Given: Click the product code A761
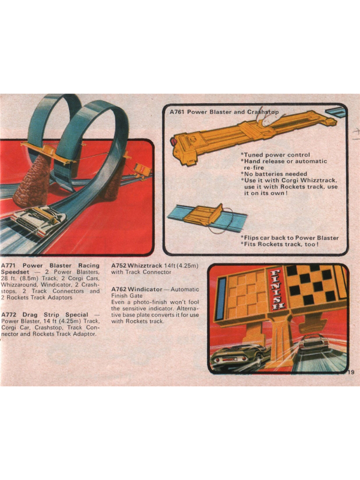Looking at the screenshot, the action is pyautogui.click(x=177, y=112).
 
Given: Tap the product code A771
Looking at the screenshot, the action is pyautogui.click(x=8, y=265).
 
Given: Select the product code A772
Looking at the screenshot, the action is pyautogui.click(x=8, y=314).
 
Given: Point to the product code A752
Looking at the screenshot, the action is pyautogui.click(x=119, y=265).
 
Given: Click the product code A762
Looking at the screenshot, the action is pyautogui.click(x=119, y=289).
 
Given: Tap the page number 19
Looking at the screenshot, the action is pyautogui.click(x=351, y=372).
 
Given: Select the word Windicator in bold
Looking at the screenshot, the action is pyautogui.click(x=145, y=289).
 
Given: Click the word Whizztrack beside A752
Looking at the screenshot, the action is pyautogui.click(x=145, y=265).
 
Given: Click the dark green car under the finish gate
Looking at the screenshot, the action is pyautogui.click(x=239, y=357).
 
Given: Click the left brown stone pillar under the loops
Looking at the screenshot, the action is pyautogui.click(x=32, y=181).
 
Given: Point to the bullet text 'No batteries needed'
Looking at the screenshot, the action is pyautogui.click(x=274, y=174).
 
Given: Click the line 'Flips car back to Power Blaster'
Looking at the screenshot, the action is pyautogui.click(x=290, y=238).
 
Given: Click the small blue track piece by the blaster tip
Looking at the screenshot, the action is pyautogui.click(x=335, y=112).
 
